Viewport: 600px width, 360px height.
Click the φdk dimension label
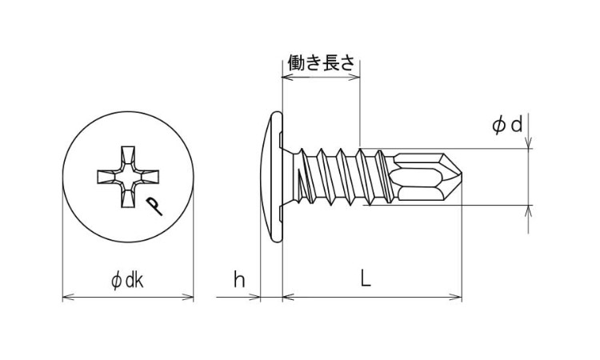click(x=127, y=281)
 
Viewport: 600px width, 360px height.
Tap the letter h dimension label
click(x=239, y=280)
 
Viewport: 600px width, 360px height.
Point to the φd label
click(x=507, y=125)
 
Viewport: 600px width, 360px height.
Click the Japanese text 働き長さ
click(x=321, y=62)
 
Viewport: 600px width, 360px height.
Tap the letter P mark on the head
click(x=154, y=206)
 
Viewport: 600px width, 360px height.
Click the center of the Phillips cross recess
click(x=128, y=177)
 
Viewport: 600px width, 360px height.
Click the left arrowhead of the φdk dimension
click(x=68, y=297)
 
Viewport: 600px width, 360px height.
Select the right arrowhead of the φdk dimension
click(x=188, y=297)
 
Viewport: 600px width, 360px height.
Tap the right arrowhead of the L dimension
click(x=456, y=297)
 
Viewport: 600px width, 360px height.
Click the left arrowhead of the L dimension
click(x=289, y=297)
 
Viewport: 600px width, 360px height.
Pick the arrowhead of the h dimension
click(x=254, y=297)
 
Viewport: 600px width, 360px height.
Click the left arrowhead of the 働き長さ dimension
click(x=288, y=78)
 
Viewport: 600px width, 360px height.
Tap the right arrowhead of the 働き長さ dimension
click(x=354, y=78)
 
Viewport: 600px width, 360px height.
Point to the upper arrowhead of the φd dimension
click(x=529, y=142)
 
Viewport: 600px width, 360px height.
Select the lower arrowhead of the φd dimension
click(x=529, y=211)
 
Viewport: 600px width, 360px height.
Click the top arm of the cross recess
click(x=128, y=157)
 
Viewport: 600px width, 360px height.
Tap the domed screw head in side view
click(x=272, y=177)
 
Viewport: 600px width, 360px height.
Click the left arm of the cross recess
click(x=108, y=177)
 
